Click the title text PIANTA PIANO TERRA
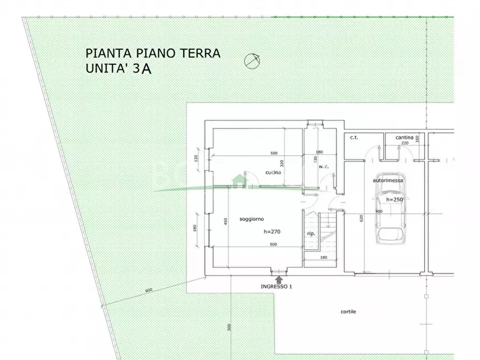(x=153, y=53)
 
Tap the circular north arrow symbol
(x=252, y=61)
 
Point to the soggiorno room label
(x=251, y=219)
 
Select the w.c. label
(x=323, y=167)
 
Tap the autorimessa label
(x=385, y=181)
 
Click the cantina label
(x=404, y=138)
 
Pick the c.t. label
(x=354, y=138)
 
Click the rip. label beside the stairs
(x=311, y=234)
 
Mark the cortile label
(x=348, y=312)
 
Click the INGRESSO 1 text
(x=276, y=286)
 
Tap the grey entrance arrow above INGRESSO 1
(x=278, y=279)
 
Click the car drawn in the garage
(x=390, y=210)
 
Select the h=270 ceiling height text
(x=273, y=232)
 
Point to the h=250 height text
(x=394, y=199)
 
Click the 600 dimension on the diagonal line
(x=149, y=291)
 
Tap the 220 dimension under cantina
(x=405, y=143)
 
